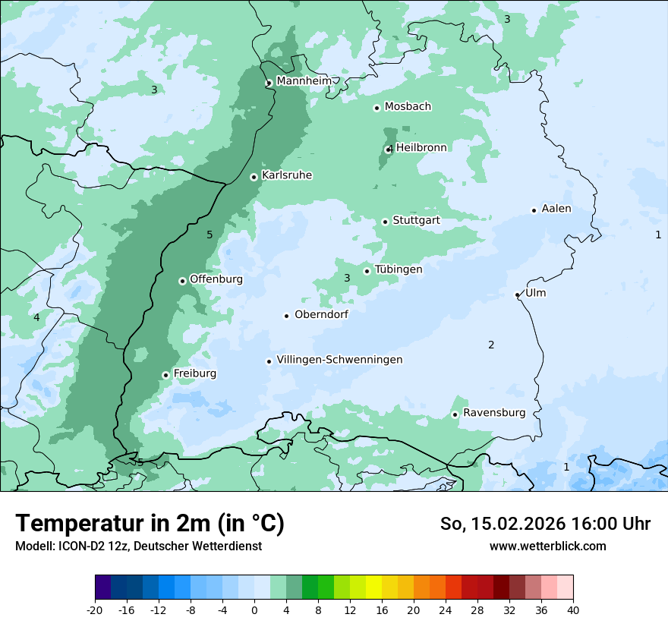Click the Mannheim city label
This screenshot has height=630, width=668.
tap(304, 81)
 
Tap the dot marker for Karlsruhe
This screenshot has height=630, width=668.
tap(254, 177)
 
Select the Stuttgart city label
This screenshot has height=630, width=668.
tap(416, 221)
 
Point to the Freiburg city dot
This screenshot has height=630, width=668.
tap(165, 375)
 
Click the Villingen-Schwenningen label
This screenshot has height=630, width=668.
tap(339, 360)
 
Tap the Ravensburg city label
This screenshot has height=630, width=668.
tap(494, 413)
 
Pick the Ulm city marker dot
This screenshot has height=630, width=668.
tap(517, 295)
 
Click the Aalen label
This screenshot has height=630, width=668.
tap(556, 209)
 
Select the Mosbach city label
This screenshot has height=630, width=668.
tap(408, 107)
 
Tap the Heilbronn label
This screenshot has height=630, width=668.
tap(421, 148)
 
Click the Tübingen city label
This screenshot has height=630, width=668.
tap(399, 269)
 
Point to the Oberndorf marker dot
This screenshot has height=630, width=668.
tap(286, 316)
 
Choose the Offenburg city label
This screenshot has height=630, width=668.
tap(216, 279)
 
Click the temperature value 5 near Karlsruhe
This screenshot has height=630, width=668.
tap(210, 235)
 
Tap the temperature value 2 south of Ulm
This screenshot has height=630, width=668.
tap(491, 345)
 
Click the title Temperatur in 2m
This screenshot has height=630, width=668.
tap(150, 523)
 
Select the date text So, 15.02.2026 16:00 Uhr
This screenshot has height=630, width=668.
tap(545, 524)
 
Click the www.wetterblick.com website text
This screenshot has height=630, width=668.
tap(547, 546)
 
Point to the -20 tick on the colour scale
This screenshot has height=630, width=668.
tap(95, 610)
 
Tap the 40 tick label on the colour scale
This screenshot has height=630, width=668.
tap(572, 610)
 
